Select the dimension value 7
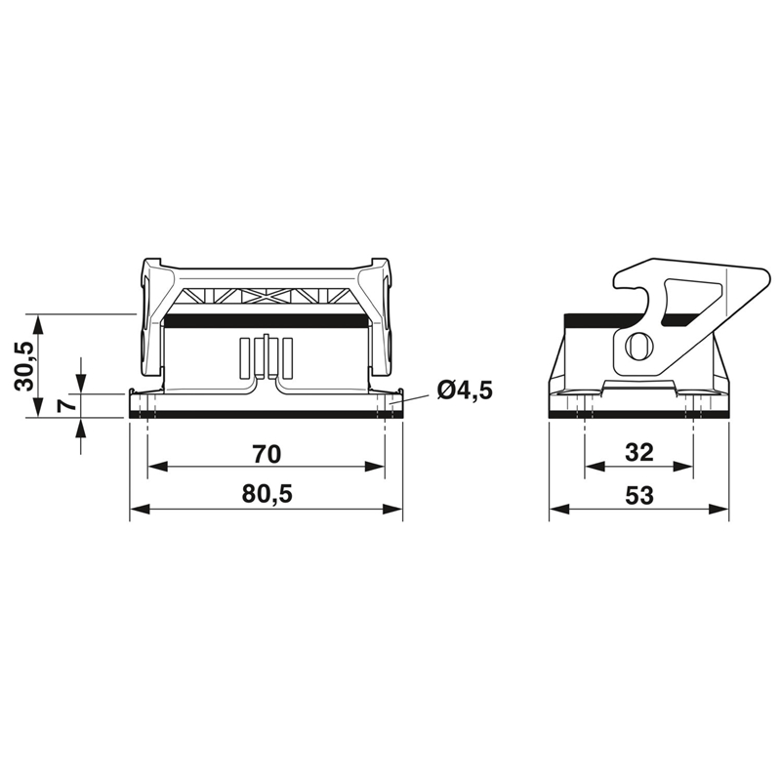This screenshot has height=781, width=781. pyautogui.click(x=66, y=404)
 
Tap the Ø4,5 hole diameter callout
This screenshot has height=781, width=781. pyautogui.click(x=465, y=390)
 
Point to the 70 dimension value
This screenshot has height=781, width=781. pyautogui.click(x=267, y=454)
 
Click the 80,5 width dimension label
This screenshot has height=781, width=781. pyautogui.click(x=267, y=494)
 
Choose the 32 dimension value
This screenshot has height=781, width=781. pyautogui.click(x=639, y=453)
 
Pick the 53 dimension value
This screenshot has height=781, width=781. pyautogui.click(x=639, y=495)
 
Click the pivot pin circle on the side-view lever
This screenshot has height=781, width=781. pyautogui.click(x=638, y=346)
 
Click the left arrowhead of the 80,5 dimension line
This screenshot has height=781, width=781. pyautogui.click(x=140, y=509)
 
